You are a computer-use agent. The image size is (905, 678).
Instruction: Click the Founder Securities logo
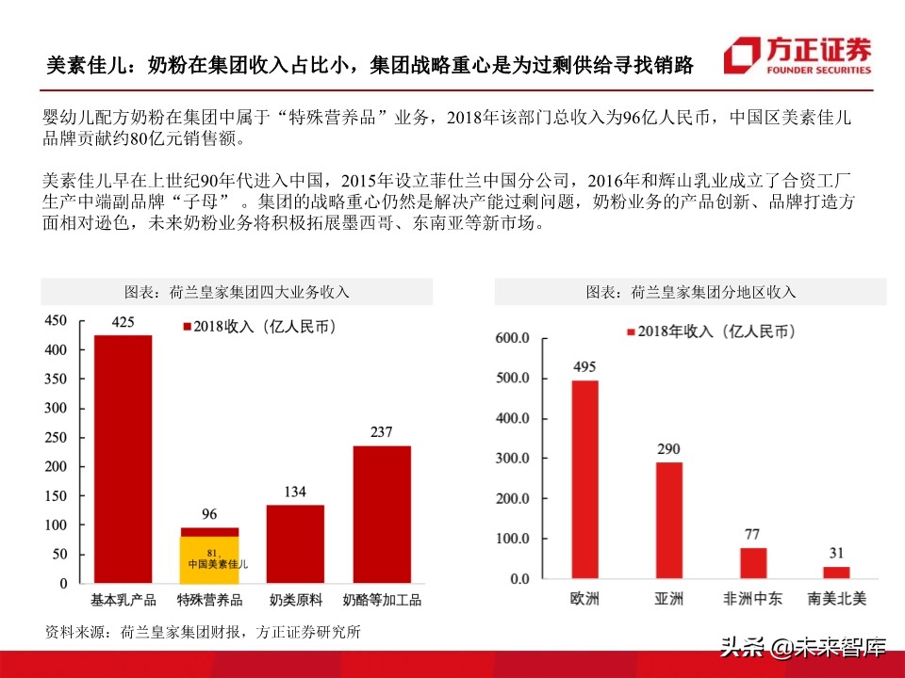798,56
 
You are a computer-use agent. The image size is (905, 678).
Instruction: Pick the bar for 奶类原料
295,543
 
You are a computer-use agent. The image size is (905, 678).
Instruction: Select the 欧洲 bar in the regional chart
584,479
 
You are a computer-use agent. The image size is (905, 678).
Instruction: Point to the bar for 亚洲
668,520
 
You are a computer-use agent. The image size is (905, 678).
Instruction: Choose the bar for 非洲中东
753,563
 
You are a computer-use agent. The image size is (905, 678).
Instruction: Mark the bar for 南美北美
836,573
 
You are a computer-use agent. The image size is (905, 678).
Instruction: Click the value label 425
123,322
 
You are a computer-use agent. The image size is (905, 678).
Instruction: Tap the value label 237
382,432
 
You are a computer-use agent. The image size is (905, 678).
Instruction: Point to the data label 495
584,366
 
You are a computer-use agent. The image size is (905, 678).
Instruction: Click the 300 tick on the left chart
57,408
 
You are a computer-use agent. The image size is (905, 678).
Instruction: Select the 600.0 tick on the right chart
513,338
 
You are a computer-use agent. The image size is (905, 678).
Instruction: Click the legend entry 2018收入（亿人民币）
258,327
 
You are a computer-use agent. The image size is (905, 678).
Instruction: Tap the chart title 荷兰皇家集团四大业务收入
237,292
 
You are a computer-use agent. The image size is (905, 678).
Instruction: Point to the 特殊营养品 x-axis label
209,600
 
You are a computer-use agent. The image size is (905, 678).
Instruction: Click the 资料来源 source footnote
203,632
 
